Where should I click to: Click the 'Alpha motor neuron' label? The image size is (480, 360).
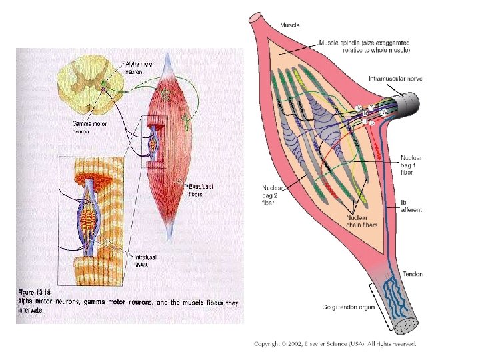pyautogui.click(x=139, y=66)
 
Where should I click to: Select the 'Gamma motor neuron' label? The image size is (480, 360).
pyautogui.click(x=89, y=127)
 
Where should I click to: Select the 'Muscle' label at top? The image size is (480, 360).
pyautogui.click(x=289, y=25)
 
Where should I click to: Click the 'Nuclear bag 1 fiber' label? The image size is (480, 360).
pyautogui.click(x=412, y=165)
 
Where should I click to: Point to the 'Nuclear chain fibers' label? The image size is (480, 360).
pyautogui.click(x=362, y=221)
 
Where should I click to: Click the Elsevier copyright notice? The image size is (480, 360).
pyautogui.click(x=335, y=344)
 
